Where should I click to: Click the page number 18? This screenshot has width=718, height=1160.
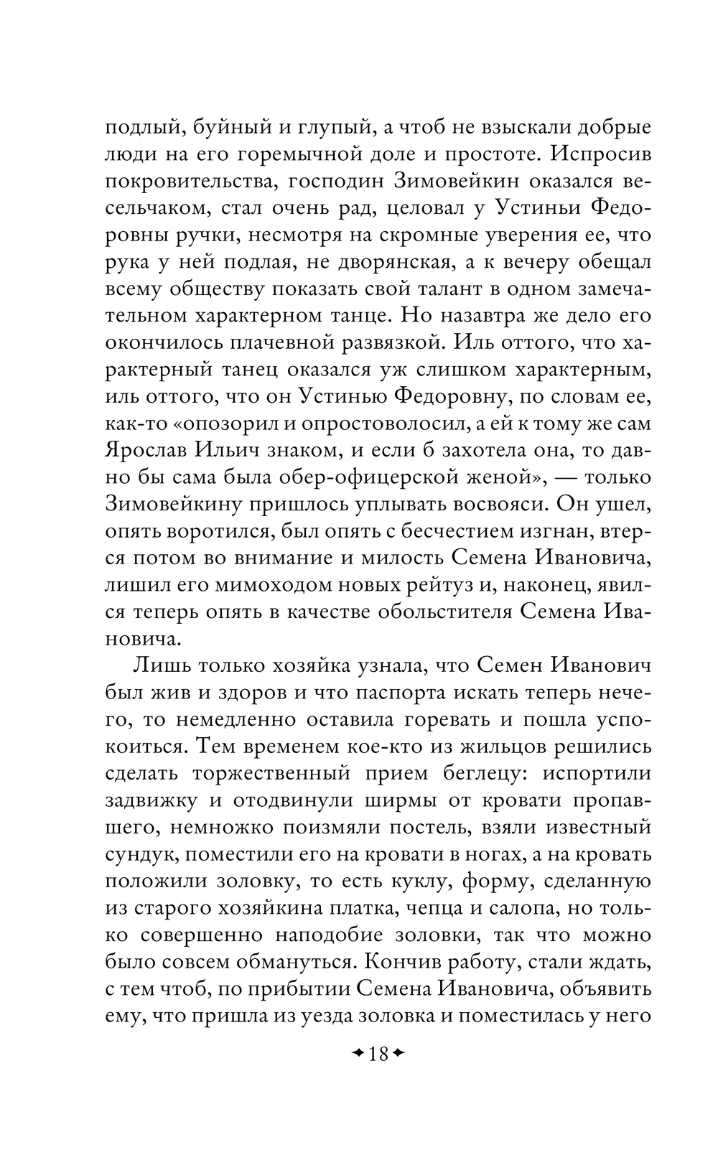[378, 1054]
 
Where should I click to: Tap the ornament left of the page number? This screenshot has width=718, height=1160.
[357, 1054]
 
